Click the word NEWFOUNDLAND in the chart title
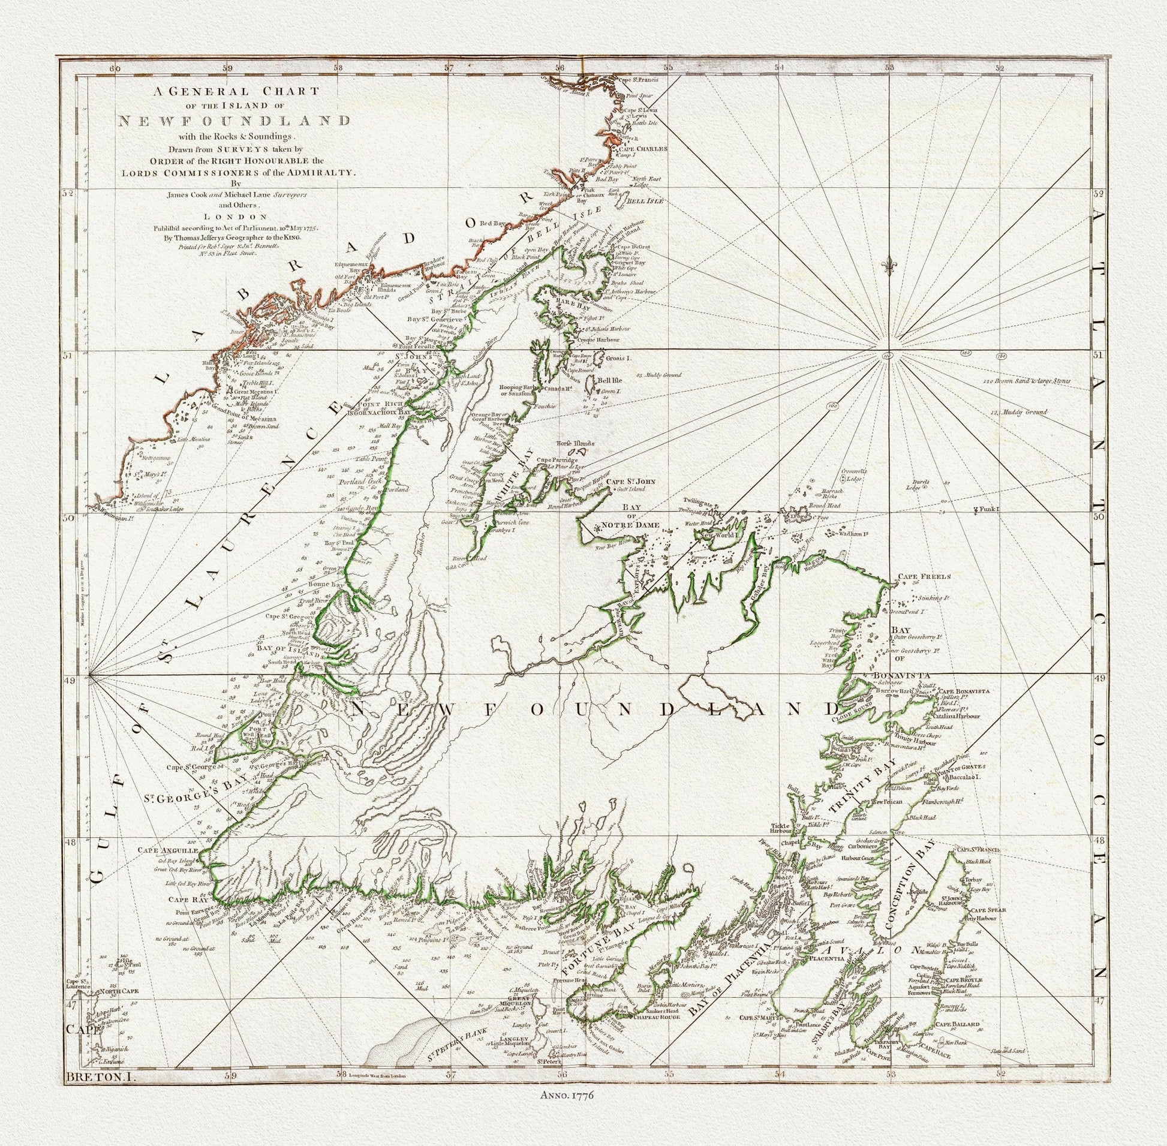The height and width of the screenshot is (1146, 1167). (x=234, y=120)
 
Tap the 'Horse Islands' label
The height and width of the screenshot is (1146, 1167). (x=575, y=444)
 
